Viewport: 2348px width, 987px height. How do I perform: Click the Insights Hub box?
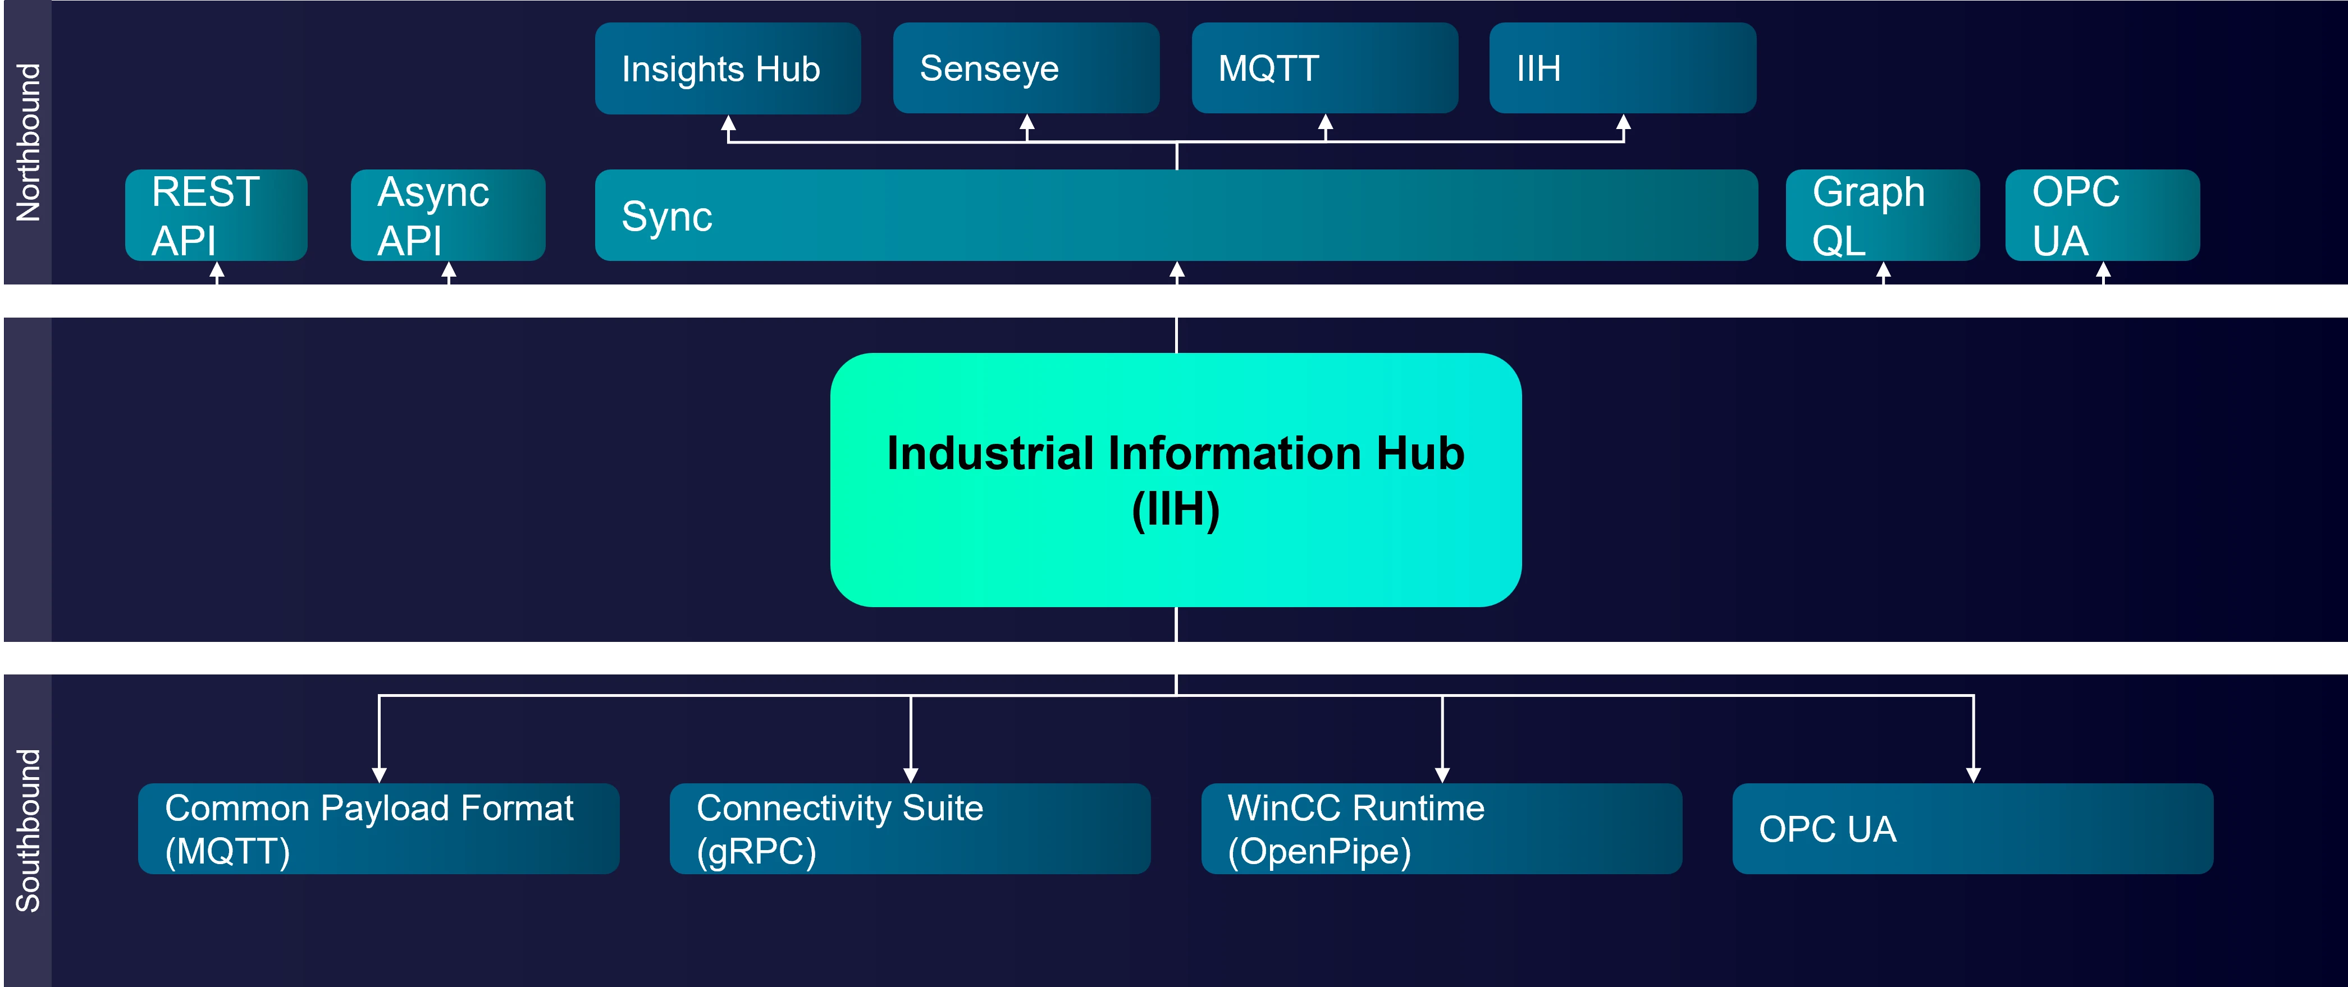coord(728,68)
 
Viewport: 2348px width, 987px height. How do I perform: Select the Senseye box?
coord(1025,68)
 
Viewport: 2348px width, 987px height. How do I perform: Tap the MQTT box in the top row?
coord(1324,68)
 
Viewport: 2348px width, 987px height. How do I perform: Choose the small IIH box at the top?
coord(1623,68)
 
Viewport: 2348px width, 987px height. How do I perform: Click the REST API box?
coord(216,215)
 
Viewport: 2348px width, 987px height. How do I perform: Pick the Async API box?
coord(447,215)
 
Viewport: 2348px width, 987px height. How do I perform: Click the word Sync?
coord(667,217)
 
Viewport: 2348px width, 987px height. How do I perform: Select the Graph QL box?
coord(1882,215)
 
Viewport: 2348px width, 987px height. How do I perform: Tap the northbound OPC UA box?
coord(2102,215)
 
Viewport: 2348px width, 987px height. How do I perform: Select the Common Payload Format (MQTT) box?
coord(378,828)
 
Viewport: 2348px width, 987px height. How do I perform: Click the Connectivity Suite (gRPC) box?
coord(910,828)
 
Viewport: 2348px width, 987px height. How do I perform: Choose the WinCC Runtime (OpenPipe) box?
coord(1441,828)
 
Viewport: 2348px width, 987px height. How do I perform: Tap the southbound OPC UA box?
coord(1972,828)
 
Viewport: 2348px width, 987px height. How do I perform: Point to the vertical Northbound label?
coord(28,142)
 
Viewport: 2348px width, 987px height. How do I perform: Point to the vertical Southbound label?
coord(28,830)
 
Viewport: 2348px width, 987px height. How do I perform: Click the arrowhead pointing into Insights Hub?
coord(728,123)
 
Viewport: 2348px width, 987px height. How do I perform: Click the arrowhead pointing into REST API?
coord(217,270)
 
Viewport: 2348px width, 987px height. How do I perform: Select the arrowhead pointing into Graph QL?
coord(1883,270)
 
